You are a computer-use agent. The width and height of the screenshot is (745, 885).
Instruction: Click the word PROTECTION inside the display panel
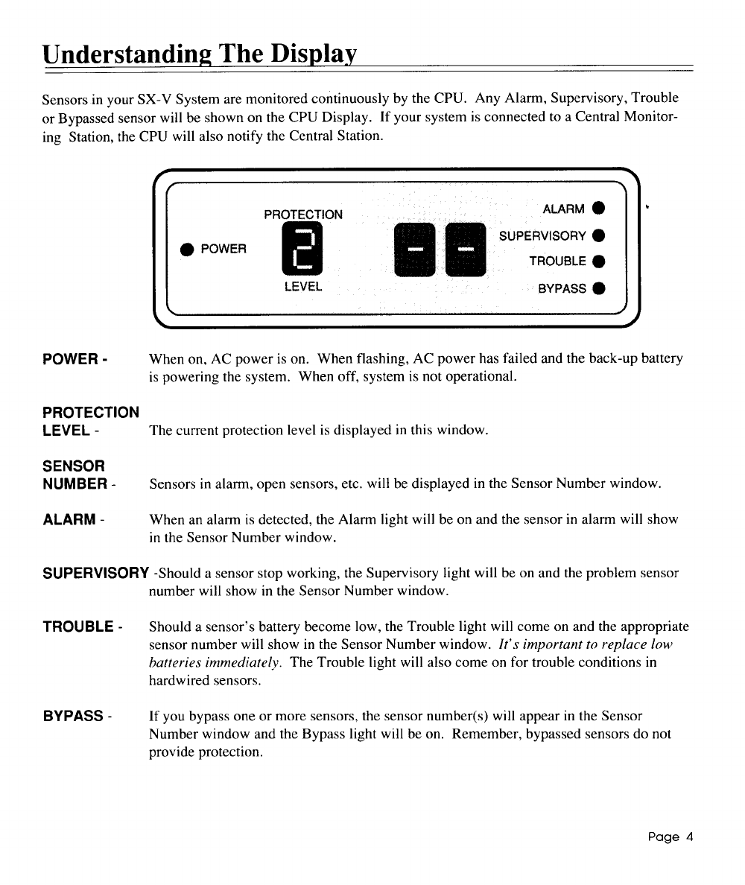[303, 215]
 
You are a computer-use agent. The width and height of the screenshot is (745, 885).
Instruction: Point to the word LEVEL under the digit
[303, 286]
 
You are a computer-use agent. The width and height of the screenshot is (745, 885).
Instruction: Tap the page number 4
[689, 836]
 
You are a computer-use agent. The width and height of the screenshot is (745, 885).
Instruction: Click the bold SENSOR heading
[73, 466]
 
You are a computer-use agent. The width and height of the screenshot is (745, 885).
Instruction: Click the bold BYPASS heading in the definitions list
[72, 716]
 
